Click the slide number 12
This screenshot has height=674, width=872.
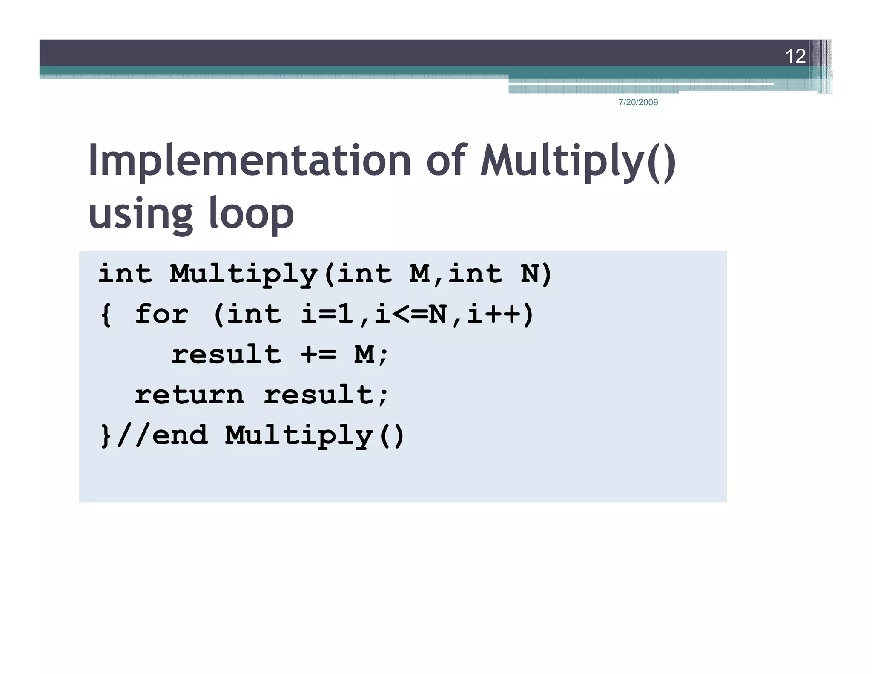coord(795,56)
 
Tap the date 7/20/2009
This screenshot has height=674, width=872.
coord(638,102)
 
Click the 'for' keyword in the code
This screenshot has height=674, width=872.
coord(161,314)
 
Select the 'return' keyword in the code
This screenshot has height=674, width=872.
coord(189,395)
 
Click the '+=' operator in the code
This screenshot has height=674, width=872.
coord(318,354)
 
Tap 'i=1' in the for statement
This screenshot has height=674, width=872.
coord(327,314)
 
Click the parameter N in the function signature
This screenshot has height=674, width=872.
coord(530,274)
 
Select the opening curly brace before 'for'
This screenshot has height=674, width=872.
coord(106,315)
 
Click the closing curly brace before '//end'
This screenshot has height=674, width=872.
coord(106,436)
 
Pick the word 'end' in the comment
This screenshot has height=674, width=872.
coord(180,435)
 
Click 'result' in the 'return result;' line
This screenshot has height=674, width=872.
coord(319,395)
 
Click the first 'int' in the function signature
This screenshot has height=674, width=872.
coord(125,274)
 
